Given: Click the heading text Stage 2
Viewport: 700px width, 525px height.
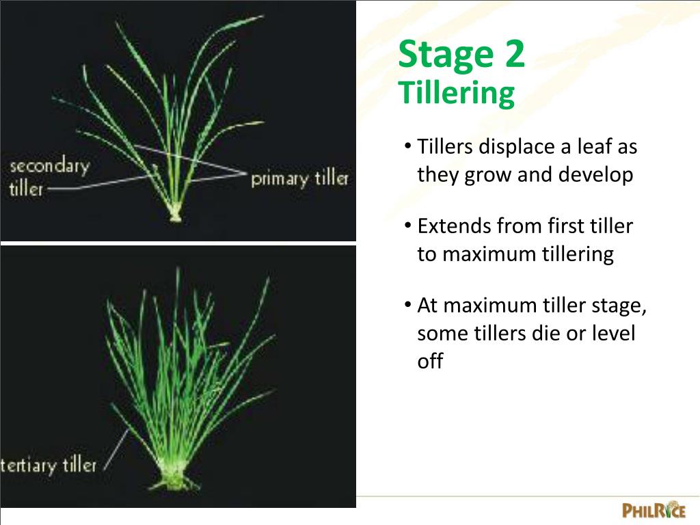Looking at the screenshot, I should pos(461,55).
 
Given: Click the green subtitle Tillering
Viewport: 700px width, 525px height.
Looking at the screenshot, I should pos(457,93).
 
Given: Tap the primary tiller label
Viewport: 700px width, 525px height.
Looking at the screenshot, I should pos(300,179).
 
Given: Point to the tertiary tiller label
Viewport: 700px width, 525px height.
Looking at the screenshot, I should pos(49,466).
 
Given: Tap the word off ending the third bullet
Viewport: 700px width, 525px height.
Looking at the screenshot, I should pos(430,362).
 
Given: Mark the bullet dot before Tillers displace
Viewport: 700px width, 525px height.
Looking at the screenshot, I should pos(407,146).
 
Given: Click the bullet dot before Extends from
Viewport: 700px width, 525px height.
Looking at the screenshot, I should pos(407,225).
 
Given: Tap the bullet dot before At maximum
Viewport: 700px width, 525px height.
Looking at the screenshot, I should pos(407,304).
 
